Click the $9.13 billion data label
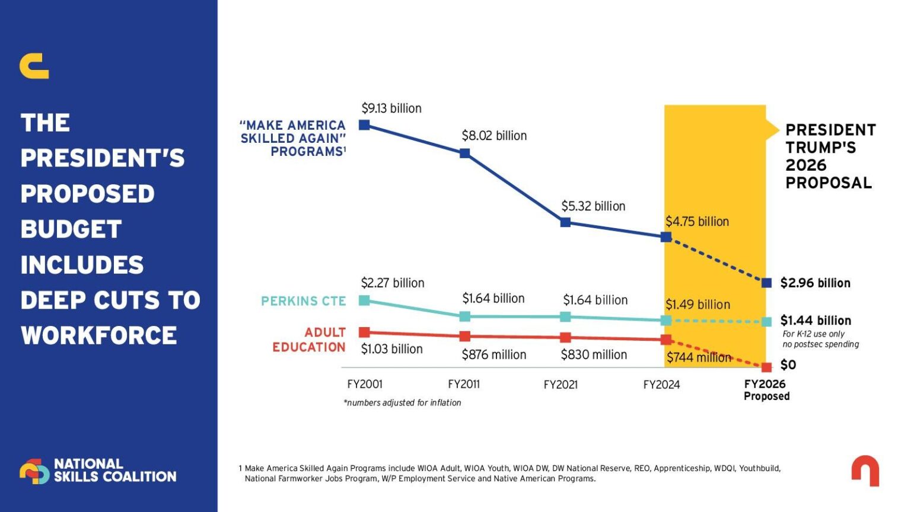(x=391, y=108)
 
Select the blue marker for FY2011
(x=465, y=153)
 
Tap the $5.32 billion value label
(x=593, y=206)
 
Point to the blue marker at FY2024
(x=666, y=237)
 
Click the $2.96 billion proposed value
(x=815, y=283)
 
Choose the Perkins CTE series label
(x=303, y=301)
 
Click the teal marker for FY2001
(x=365, y=300)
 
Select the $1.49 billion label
(x=697, y=305)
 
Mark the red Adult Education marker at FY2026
(x=766, y=367)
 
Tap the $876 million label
(x=494, y=355)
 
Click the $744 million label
(x=699, y=357)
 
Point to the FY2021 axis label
(x=560, y=385)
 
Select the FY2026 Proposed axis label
(x=766, y=390)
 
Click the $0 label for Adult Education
(x=788, y=365)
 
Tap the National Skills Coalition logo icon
(x=34, y=471)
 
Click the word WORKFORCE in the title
(x=99, y=335)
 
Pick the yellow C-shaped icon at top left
(x=34, y=66)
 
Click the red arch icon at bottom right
(x=865, y=471)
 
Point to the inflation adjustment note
(x=402, y=403)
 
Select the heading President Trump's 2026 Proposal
(x=830, y=156)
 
